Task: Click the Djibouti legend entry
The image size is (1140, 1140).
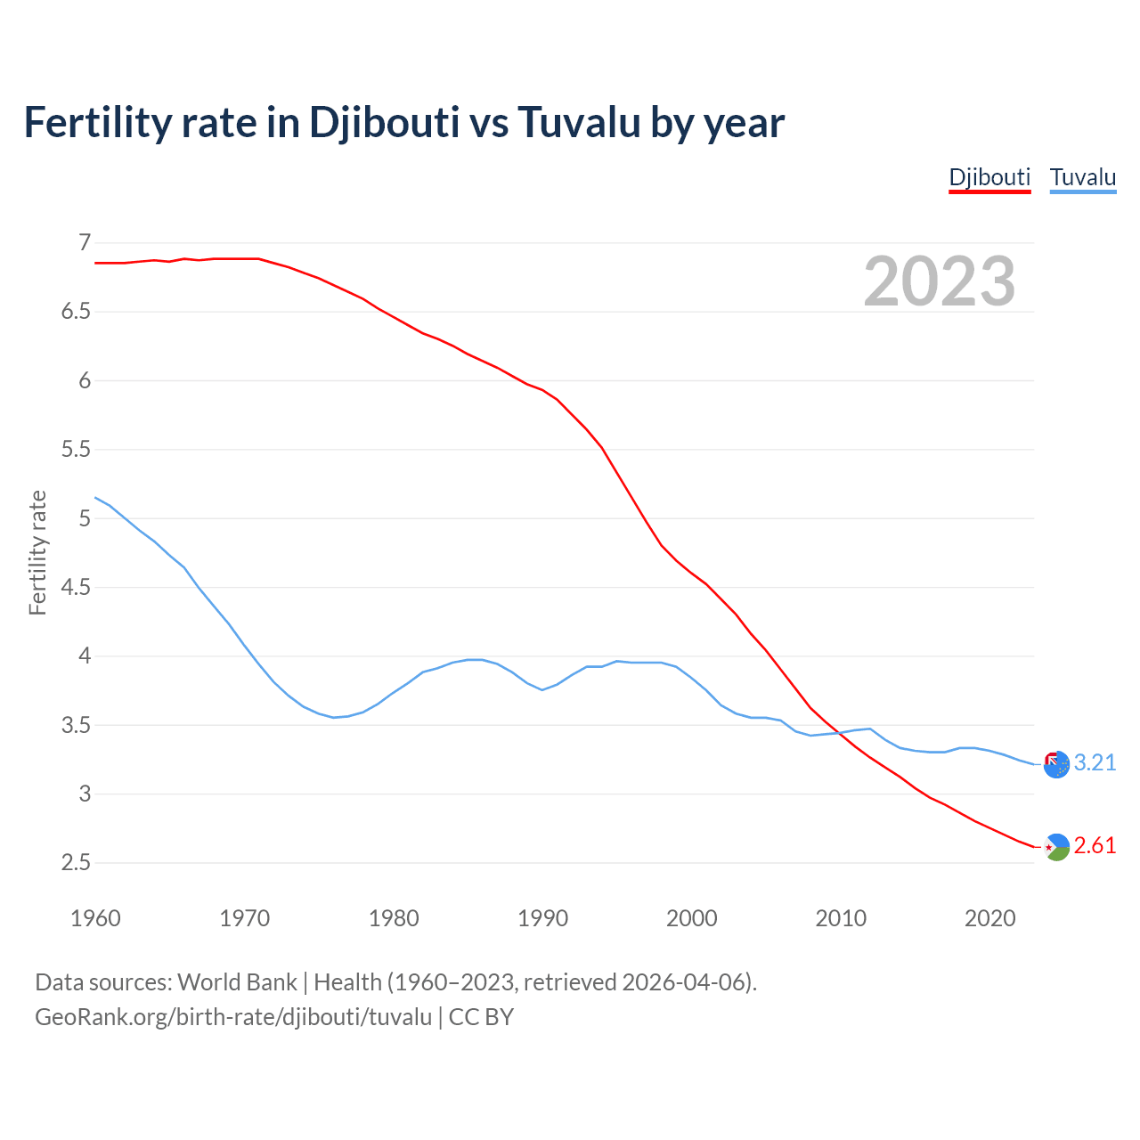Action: [989, 177]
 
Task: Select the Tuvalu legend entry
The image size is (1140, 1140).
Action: [1082, 177]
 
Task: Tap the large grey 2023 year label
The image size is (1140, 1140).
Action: [940, 281]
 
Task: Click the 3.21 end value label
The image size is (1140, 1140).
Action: [1095, 763]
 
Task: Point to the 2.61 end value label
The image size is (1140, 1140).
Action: [1095, 846]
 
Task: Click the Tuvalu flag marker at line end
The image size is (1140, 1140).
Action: [1056, 764]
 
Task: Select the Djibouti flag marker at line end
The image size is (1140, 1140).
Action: [1056, 847]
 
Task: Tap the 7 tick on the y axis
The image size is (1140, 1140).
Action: [85, 242]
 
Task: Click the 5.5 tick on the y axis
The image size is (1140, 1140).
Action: [76, 450]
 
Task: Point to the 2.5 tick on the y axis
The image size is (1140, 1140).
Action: [76, 863]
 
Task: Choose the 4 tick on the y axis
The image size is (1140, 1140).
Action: [85, 656]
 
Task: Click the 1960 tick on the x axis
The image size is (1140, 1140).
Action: [95, 918]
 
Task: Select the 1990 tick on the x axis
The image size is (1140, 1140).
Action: [542, 918]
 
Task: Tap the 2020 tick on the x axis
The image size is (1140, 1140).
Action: [989, 918]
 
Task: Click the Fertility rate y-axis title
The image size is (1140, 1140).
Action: [37, 552]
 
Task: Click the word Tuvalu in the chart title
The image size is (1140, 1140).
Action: [578, 122]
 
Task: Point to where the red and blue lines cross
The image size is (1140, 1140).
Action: [840, 733]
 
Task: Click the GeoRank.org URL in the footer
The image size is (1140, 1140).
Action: [233, 1017]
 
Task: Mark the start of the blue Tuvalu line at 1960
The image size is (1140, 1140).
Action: [95, 497]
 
